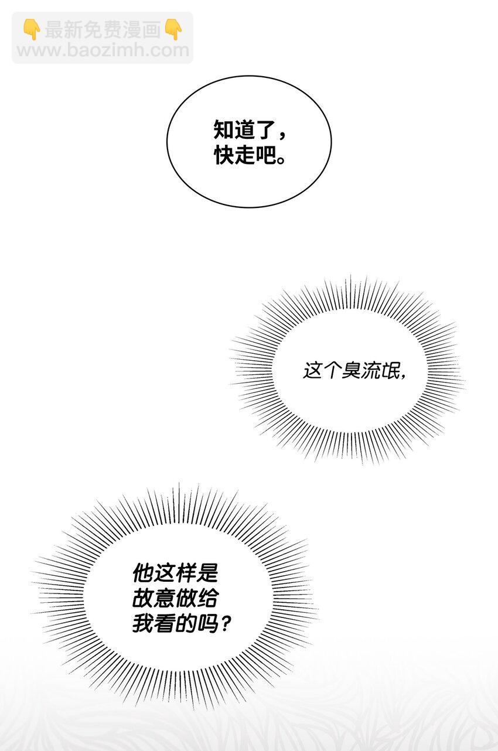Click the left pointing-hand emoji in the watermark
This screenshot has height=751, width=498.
[x=32, y=29]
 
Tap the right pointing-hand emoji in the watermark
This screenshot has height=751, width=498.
[x=173, y=29]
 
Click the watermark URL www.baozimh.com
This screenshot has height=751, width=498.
[x=103, y=50]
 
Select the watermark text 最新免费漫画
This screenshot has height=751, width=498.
[x=103, y=29]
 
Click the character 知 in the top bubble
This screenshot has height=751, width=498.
[x=224, y=129]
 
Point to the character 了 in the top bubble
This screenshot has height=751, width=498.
[x=265, y=129]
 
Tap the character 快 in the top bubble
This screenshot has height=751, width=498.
[x=224, y=155]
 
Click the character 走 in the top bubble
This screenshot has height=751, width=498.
[x=244, y=155]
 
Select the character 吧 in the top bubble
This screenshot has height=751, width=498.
[x=265, y=155]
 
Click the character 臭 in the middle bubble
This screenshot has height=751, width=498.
[x=352, y=371]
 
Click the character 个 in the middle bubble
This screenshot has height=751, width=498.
[x=332, y=371]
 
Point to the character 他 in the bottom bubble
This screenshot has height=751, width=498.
[x=144, y=573]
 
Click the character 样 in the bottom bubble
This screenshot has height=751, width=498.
[x=186, y=573]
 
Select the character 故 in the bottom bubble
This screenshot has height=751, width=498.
[x=144, y=598]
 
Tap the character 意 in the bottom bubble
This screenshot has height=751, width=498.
[x=165, y=598]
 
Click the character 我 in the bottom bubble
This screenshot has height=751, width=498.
[x=144, y=624]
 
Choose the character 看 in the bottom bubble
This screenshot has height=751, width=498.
[x=165, y=624]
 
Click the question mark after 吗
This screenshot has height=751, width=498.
[x=226, y=624]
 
